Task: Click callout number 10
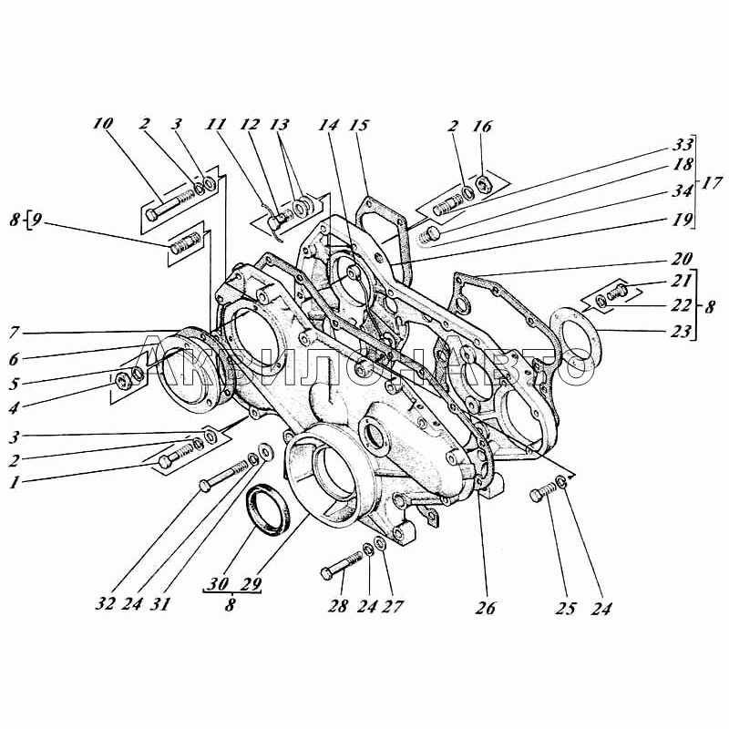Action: click(102, 124)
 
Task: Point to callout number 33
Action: click(683, 144)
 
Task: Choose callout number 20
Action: click(683, 258)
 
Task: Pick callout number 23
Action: click(683, 333)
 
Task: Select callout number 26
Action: click(485, 608)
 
